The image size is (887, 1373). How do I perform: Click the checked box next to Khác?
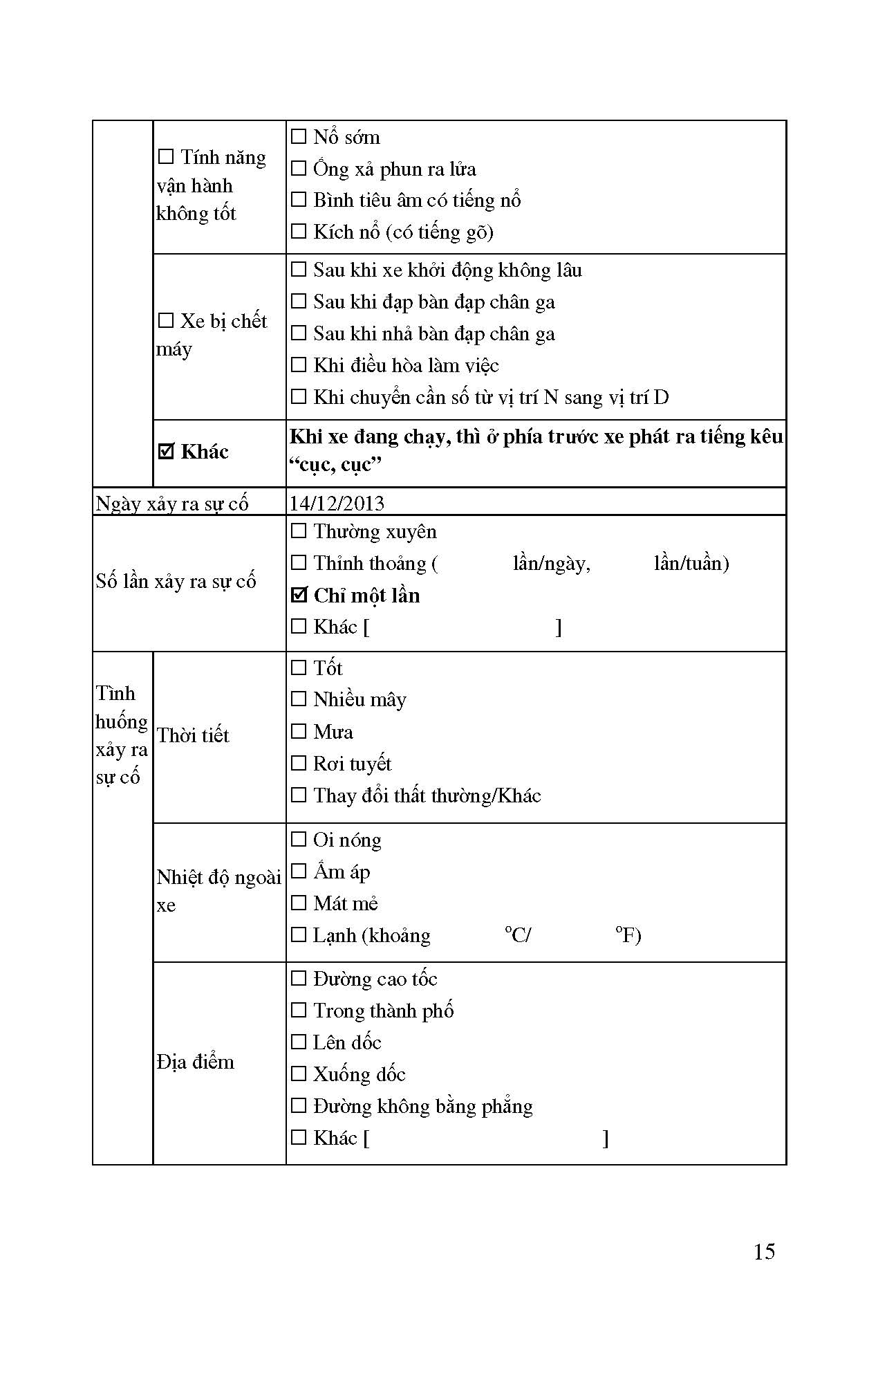pyautogui.click(x=166, y=452)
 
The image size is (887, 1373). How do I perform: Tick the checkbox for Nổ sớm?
pyautogui.click(x=299, y=136)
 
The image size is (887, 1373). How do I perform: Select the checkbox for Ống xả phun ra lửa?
pyautogui.click(x=299, y=168)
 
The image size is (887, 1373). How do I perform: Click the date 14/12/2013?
pyautogui.click(x=337, y=503)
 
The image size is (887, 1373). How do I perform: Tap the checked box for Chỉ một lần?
pyautogui.click(x=299, y=595)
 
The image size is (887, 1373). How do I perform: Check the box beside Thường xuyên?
pyautogui.click(x=299, y=531)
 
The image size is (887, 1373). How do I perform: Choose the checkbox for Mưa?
pyautogui.click(x=299, y=731)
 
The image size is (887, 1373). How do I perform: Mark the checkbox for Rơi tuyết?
pyautogui.click(x=299, y=763)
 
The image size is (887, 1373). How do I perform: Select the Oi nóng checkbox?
pyautogui.click(x=299, y=839)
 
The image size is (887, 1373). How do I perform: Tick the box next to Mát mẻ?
pyautogui.click(x=299, y=903)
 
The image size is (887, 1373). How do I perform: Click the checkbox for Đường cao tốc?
pyautogui.click(x=299, y=978)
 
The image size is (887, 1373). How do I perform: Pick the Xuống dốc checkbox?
pyautogui.click(x=299, y=1073)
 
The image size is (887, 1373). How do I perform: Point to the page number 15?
pyautogui.click(x=764, y=1252)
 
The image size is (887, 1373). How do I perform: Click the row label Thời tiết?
pyautogui.click(x=193, y=735)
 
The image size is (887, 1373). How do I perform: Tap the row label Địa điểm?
pyautogui.click(x=196, y=1062)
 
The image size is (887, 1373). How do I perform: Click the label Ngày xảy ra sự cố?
pyautogui.click(x=172, y=504)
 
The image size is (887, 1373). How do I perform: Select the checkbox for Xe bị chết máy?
pyautogui.click(x=166, y=321)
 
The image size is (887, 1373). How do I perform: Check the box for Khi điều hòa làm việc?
pyautogui.click(x=299, y=365)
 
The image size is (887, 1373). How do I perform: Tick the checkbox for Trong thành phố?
pyautogui.click(x=299, y=1010)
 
